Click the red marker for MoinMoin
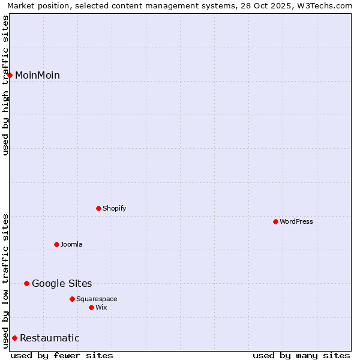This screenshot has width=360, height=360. point(10,75)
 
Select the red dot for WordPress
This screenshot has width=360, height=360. point(275,221)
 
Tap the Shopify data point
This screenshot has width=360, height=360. point(98,208)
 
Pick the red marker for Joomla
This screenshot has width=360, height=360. point(56,244)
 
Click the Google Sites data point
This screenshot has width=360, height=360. point(26,283)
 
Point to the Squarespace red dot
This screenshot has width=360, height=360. point(72,299)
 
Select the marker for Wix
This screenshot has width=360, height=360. point(91,307)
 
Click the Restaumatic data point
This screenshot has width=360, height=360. point(14,338)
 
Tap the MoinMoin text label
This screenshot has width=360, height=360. point(37,75)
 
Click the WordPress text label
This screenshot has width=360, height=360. point(296,221)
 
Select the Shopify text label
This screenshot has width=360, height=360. point(114,208)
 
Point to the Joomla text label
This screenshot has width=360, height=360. point(71,244)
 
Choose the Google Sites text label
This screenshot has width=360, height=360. point(62,283)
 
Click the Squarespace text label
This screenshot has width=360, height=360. point(97,299)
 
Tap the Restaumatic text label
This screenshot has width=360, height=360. point(49,338)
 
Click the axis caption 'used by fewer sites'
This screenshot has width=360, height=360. point(62,355)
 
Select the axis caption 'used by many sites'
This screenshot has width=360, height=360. point(301,355)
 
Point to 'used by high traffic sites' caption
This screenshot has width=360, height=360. point(5,85)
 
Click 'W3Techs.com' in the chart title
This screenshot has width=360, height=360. point(327,5)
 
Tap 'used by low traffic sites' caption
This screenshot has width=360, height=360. point(5,280)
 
